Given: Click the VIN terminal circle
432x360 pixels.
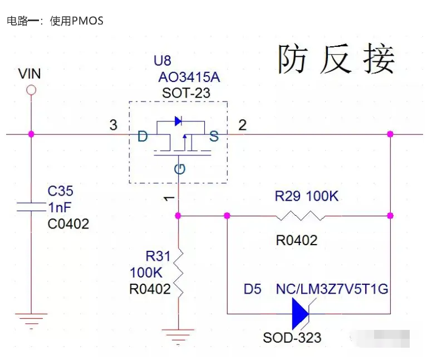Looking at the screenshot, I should point(31,90).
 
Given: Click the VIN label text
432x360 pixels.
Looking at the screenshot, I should point(30,74).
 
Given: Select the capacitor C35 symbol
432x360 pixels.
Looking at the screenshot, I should point(31,207).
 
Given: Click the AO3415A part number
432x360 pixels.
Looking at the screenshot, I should point(189,77).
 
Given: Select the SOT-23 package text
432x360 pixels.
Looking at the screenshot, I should point(186,93).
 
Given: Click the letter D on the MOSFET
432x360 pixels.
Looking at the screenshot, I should point(143,135).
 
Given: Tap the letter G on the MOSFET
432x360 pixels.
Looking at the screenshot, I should point(179,168).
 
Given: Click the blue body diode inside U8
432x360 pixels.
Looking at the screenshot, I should point(178,120).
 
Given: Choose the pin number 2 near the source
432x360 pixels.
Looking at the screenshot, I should point(242,125).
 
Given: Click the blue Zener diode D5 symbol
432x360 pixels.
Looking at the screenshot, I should point(300,313).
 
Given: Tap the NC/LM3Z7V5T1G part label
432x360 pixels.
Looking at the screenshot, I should point(332,290).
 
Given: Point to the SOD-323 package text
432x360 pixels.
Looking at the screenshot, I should point(292,338).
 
